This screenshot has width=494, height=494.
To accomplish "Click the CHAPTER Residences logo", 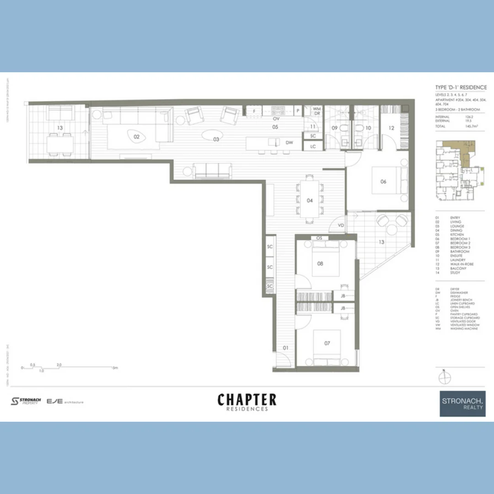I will click(247, 402).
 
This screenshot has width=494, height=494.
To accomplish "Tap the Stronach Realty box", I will click(462, 404).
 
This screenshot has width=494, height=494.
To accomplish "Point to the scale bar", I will click(69, 367).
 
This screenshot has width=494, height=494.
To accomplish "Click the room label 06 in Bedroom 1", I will click(383, 182).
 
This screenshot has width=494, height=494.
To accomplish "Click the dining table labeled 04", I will click(310, 200).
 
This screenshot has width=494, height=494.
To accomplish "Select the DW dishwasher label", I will click(289, 143).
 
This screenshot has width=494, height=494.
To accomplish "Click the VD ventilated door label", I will click(341, 226).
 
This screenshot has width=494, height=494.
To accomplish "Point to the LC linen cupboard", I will click(313, 146).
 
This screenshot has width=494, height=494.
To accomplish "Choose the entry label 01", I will click(286, 348).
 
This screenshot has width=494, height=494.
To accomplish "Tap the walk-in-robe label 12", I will click(391, 128).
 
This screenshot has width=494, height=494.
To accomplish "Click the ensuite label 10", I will click(368, 128).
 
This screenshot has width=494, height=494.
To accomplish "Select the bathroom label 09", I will click(334, 128).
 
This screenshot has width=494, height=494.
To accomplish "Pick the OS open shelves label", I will click(319, 238).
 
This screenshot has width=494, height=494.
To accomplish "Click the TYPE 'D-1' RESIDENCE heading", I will click(461, 87).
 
